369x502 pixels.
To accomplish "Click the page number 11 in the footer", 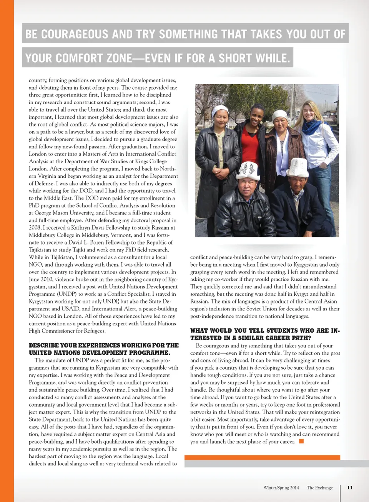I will pos(350,487).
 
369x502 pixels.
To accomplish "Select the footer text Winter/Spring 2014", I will pos(281,488).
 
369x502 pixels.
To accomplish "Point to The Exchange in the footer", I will pos(320,488).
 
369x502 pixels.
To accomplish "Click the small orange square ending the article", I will pos(301,441).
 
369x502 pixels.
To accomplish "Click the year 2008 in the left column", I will pos(35,228).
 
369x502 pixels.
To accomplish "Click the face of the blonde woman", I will pos(309,111).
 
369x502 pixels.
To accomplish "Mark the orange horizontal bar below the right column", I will pos(262,457).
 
